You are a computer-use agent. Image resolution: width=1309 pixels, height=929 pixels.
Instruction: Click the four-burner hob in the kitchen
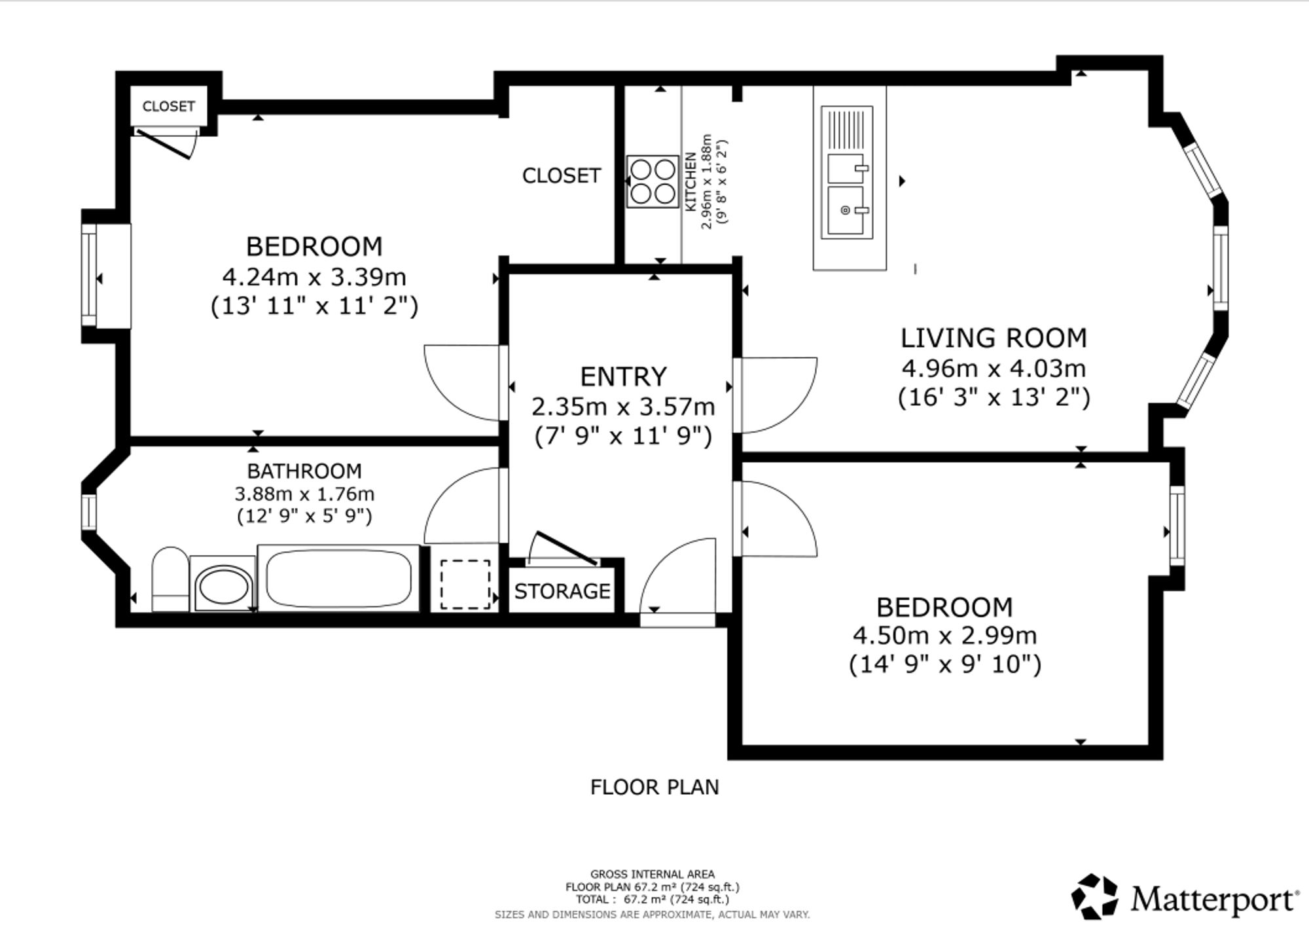653,181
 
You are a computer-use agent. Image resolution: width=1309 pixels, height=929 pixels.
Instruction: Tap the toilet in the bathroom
170,579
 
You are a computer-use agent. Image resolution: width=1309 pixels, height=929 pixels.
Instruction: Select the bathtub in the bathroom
338,578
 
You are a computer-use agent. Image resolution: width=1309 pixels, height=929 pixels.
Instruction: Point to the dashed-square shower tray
465,584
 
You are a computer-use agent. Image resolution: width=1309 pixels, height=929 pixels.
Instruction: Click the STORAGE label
562,591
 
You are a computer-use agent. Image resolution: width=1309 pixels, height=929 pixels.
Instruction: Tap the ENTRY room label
623,376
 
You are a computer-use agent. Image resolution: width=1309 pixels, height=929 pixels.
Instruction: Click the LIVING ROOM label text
994,338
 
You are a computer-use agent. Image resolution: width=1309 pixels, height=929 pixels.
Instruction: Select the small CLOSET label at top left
169,106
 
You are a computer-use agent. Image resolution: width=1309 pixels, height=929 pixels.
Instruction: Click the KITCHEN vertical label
690,182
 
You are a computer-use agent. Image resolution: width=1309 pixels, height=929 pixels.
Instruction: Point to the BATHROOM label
304,471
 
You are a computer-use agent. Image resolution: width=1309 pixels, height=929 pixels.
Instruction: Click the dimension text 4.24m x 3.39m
314,277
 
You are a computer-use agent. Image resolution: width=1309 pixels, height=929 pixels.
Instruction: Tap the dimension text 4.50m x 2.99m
944,635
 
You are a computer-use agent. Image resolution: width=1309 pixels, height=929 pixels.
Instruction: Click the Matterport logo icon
1094,896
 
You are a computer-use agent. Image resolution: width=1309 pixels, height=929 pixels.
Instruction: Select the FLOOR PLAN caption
654,787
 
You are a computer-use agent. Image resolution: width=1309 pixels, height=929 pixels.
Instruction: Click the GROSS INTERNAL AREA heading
653,874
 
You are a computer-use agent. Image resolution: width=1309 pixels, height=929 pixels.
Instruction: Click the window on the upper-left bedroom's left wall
89,276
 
